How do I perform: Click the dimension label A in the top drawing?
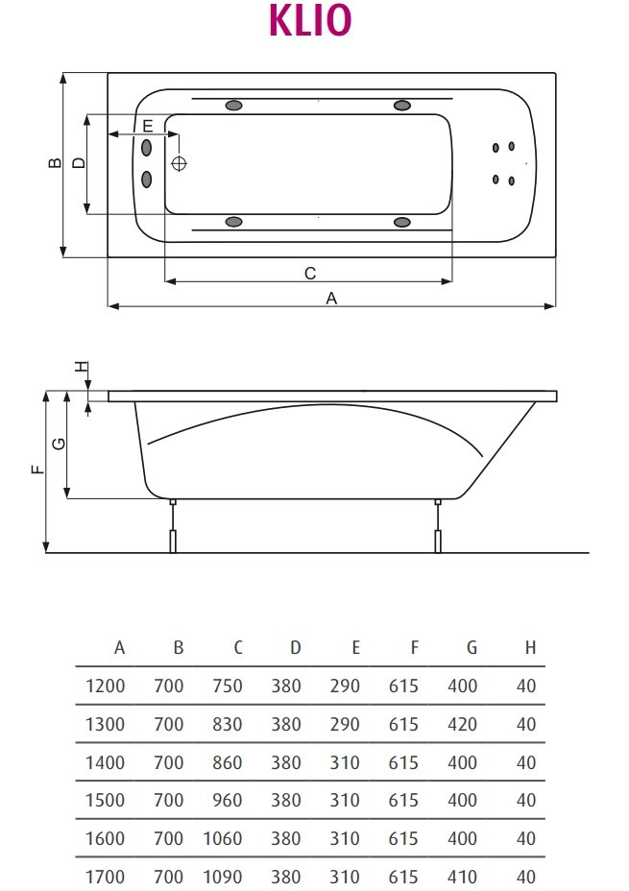click(331, 299)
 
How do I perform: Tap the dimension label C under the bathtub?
click(309, 274)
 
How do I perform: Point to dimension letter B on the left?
click(55, 163)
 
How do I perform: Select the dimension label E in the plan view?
click(147, 126)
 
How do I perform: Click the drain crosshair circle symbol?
click(179, 164)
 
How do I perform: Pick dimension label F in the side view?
click(36, 470)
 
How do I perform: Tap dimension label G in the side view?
click(59, 445)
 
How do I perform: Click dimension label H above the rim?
click(82, 367)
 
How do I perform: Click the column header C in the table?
click(237, 648)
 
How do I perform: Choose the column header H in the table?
click(529, 648)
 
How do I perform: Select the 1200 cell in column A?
click(106, 686)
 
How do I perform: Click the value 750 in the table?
click(228, 686)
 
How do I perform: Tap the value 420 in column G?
click(462, 724)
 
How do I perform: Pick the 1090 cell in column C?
click(223, 876)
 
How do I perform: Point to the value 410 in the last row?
click(462, 876)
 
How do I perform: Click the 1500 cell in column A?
click(106, 800)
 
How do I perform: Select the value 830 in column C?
click(228, 724)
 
